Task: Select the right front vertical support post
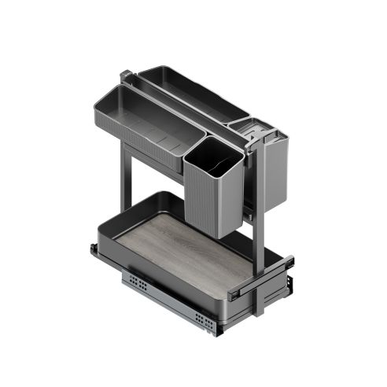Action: coord(256,236)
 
